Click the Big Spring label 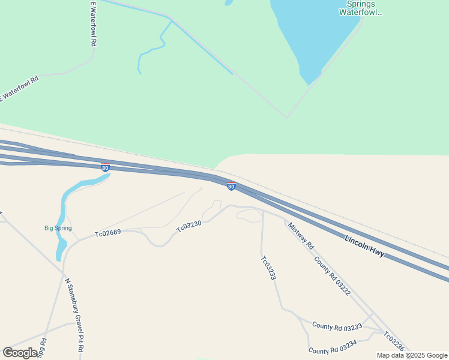click(58, 228)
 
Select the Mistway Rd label click(301, 236)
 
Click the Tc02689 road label click(108, 233)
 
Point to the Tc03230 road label click(188, 226)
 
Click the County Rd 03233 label click(337, 326)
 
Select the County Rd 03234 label click(333, 346)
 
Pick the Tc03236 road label click(394, 342)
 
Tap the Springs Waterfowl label click(361, 8)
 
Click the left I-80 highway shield click(106, 167)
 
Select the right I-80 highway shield click(231, 187)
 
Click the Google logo click(20, 353)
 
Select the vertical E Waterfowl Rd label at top click(94, 24)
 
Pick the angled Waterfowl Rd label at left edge click(19, 88)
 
